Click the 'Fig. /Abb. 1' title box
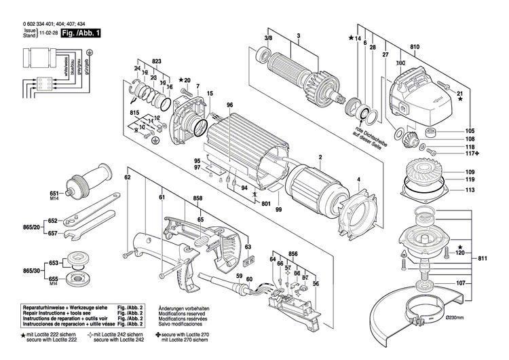[x=81, y=33]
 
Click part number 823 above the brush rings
[x=157, y=62]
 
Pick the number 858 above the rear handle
[x=197, y=198]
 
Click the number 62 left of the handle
[x=127, y=177]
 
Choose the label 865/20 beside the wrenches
[x=31, y=227]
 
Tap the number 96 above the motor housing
[x=230, y=104]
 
